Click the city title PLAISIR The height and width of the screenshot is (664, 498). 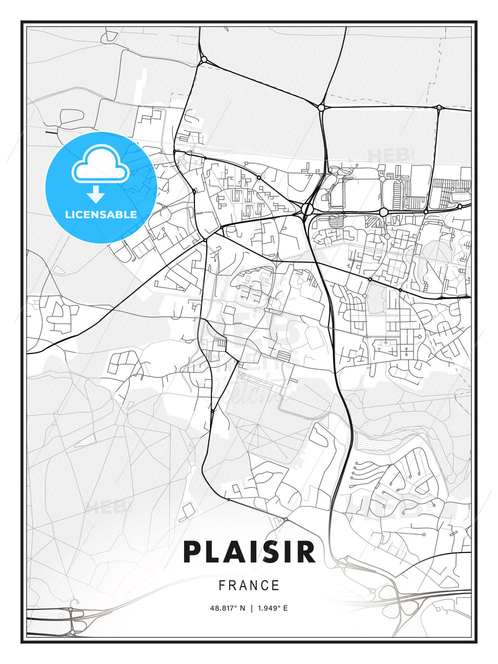click(x=249, y=552)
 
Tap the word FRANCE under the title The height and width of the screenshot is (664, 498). click(x=249, y=586)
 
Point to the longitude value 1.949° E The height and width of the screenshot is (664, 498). click(x=273, y=608)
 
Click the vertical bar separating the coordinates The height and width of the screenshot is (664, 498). click(x=251, y=608)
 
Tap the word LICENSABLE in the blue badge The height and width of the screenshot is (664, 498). click(x=101, y=214)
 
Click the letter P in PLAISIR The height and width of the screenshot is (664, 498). click(x=194, y=552)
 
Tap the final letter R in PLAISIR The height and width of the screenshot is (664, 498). click(x=305, y=552)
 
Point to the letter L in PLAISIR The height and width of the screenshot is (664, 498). click(x=215, y=552)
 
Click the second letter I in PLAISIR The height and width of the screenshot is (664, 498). click(x=291, y=552)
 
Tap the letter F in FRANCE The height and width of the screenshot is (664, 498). click(x=222, y=586)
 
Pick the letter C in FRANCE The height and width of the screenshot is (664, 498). click(x=265, y=586)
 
